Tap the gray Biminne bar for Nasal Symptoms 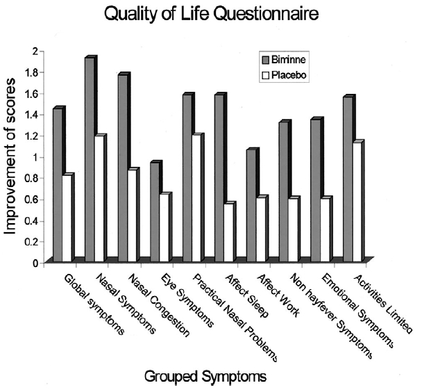click(90, 160)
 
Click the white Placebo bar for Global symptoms click(67, 218)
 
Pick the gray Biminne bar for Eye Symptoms click(155, 212)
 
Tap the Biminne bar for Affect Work click(252, 206)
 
